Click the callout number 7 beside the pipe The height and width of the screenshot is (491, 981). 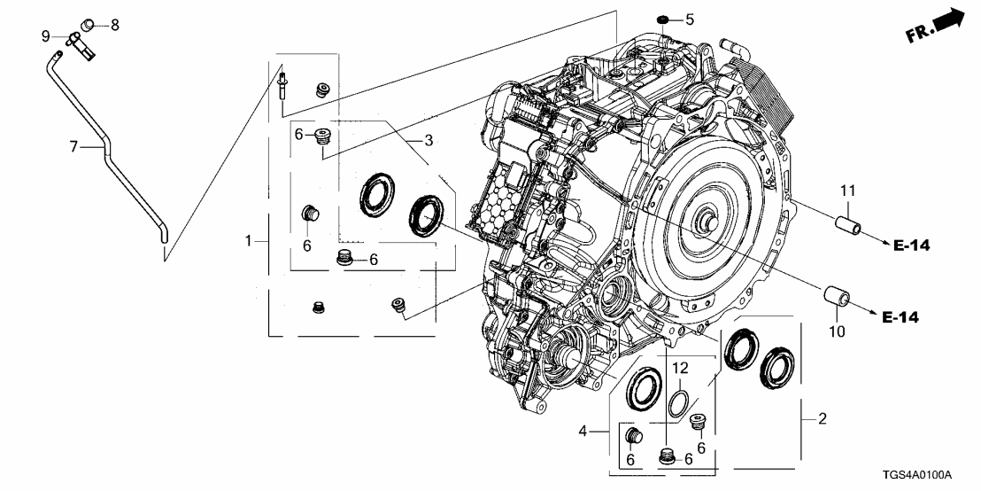pos(73,144)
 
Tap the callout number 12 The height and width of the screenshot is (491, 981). pos(679,368)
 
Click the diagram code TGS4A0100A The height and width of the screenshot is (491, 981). pos(923,475)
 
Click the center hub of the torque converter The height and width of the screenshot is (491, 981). pos(709,224)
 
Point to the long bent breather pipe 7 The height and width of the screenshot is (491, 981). pos(111,151)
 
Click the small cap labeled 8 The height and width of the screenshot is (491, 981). pos(89,22)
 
